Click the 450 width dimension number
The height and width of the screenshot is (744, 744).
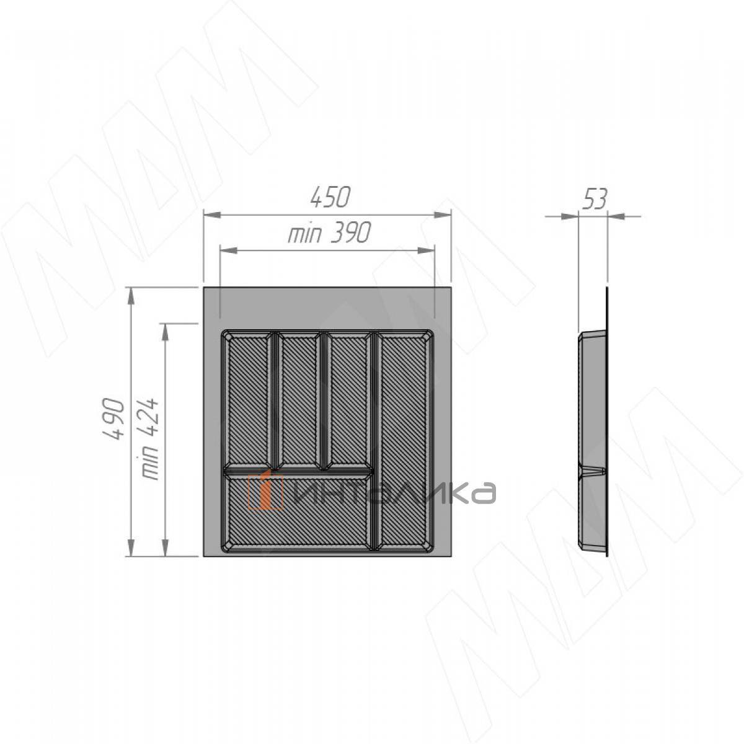330,197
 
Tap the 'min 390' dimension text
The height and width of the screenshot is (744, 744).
329,233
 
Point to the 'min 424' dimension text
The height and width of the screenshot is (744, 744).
149,438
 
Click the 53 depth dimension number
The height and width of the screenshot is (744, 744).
595,199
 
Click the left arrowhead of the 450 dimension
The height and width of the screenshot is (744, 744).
212,215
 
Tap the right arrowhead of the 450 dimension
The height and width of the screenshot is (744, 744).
443,215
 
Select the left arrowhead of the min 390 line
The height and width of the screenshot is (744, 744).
229,251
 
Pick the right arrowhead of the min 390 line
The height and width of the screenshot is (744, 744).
426,251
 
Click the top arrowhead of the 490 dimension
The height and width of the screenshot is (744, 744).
131,296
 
